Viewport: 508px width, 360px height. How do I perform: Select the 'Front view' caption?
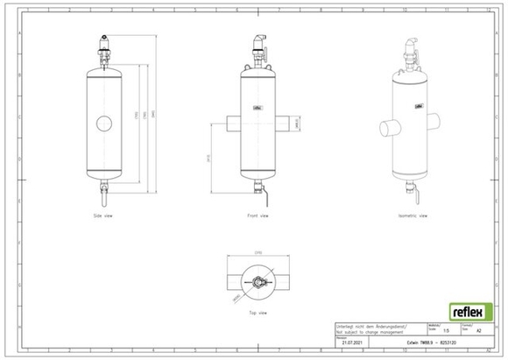(x=256, y=215)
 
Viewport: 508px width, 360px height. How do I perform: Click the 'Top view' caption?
(x=256, y=312)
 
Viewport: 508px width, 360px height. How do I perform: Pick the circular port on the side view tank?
(x=104, y=123)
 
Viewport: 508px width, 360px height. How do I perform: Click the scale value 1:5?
(x=449, y=330)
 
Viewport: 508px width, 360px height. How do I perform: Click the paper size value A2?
(x=476, y=330)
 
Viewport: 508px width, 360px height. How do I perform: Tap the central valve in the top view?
(x=256, y=282)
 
